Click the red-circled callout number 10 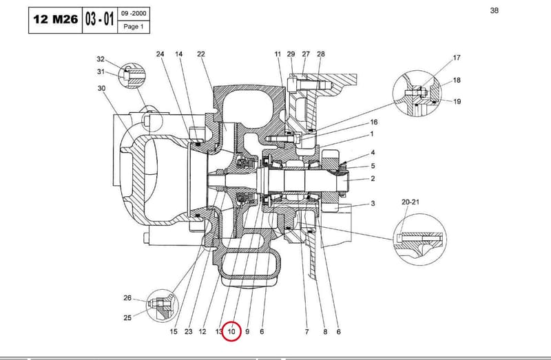(231, 332)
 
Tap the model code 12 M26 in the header (56, 19)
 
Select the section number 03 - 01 (99, 19)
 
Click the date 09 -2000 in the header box (134, 14)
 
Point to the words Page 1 (134, 27)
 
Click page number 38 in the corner (494, 10)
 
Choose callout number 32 (101, 59)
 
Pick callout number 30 (101, 88)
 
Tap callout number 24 (160, 54)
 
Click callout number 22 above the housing (201, 54)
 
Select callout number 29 (291, 54)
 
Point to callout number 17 (457, 58)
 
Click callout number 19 (457, 101)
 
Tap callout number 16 (374, 122)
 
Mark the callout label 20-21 (410, 202)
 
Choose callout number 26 (127, 298)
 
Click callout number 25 (127, 317)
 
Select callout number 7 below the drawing (306, 332)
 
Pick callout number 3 (373, 203)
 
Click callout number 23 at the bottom (189, 332)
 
